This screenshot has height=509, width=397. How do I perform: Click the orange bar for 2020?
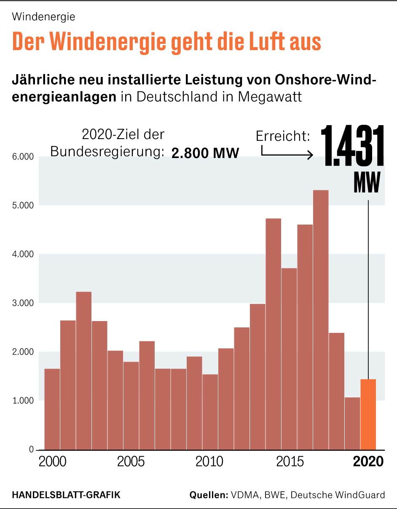pos(368,414)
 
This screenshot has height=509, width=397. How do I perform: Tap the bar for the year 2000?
pos(52,409)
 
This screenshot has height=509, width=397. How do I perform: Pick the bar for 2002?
pos(83,370)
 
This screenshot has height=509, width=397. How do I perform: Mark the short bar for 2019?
pos(352,423)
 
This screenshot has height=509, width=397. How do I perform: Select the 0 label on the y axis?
pos(31,450)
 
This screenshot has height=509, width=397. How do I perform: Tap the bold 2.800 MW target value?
pos(205,153)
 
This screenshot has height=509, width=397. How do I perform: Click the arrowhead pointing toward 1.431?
pos(310,155)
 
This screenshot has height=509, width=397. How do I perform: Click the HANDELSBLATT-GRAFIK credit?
pos(66,494)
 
